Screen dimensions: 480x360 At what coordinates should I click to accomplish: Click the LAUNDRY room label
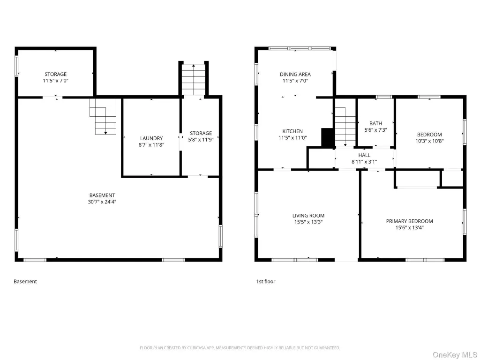151,138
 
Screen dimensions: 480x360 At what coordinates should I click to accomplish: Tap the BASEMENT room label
102,195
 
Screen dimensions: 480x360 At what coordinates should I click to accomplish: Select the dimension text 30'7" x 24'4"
102,202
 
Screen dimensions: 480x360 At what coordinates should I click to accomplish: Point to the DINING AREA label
295,75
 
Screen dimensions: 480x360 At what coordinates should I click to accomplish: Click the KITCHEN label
292,131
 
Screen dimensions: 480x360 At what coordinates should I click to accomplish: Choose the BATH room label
375,123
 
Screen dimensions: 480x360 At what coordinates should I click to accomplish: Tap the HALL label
364,155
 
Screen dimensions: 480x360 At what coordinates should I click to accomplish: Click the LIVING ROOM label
308,216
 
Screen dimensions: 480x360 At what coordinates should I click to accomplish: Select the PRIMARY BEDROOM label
410,221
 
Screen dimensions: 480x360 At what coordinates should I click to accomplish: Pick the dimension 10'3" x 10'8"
429,141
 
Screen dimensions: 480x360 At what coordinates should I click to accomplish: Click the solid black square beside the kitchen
328,137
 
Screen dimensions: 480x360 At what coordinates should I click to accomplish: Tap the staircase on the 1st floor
345,127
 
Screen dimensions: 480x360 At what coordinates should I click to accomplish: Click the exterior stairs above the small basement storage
194,80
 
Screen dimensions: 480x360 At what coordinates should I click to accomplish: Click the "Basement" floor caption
25,281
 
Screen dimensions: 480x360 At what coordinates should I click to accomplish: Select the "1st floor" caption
266,281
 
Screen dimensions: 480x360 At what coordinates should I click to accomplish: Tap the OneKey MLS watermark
455,354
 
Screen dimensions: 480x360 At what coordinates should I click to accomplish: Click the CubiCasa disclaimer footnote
240,348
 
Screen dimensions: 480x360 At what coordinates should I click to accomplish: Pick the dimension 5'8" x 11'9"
201,140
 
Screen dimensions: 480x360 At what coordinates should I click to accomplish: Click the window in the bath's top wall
384,97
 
